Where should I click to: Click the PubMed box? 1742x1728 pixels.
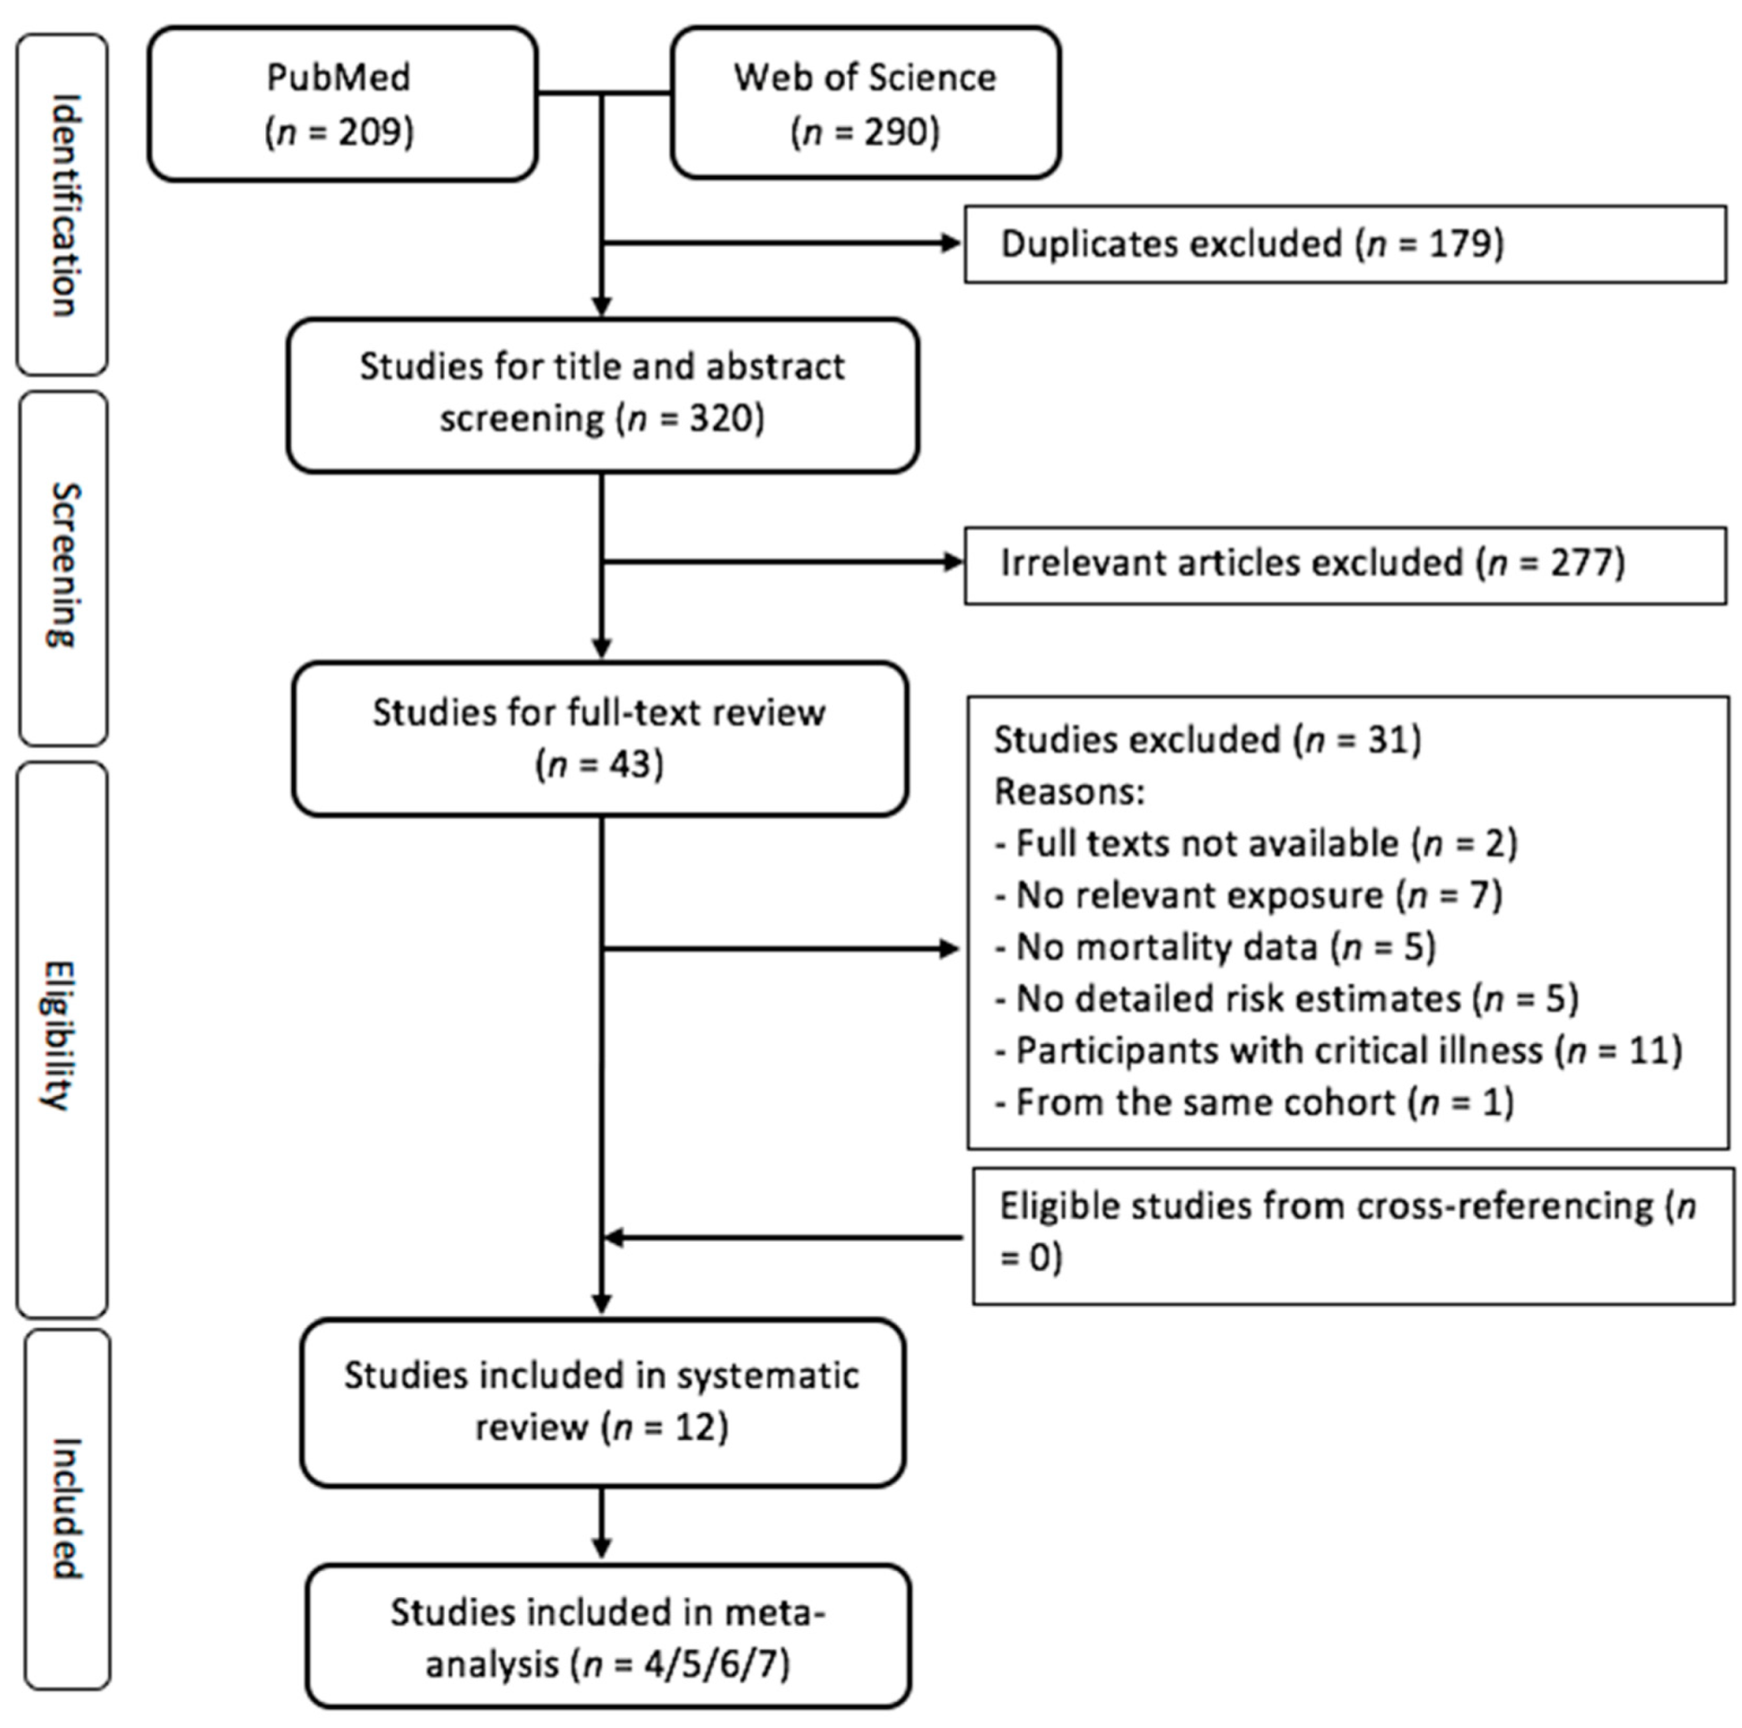pos(342,104)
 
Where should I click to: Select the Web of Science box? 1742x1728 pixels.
pos(864,104)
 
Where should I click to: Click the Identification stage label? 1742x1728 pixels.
pos(63,205)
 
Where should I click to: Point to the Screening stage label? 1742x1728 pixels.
pos(63,565)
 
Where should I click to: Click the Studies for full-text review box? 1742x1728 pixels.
pos(599,738)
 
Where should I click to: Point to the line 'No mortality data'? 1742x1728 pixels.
pos(1215,948)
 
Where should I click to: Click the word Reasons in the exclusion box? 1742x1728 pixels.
pos(1068,793)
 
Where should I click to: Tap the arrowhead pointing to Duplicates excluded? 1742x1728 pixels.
pos(950,244)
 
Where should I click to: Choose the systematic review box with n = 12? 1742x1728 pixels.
pos(602,1402)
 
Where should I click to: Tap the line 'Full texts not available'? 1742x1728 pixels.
pos(1254,844)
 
